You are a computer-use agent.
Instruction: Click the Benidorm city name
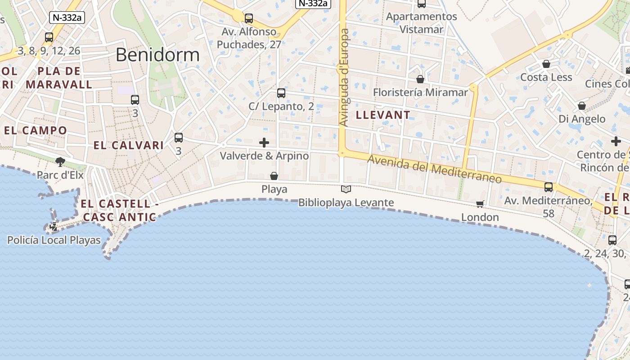tap(157, 55)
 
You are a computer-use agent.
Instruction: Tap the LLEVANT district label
tap(383, 115)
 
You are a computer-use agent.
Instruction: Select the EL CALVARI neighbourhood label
tap(129, 145)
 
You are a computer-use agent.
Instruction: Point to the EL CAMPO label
tap(36, 131)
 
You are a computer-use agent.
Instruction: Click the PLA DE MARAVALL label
tap(59, 78)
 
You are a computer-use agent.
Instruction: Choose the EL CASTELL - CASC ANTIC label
tap(119, 211)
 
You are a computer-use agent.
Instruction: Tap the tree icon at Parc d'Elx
tap(60, 162)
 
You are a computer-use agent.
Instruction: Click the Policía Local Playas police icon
tap(54, 227)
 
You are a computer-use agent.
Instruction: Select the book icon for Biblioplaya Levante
tap(346, 189)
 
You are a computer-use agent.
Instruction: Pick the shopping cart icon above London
tap(480, 204)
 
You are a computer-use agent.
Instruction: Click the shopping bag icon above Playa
tap(274, 175)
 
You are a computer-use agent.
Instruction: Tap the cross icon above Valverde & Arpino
tap(264, 143)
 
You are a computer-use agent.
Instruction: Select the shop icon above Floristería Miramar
tap(420, 79)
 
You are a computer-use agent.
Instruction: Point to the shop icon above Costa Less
tap(546, 64)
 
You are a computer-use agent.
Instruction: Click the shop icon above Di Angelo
tap(582, 106)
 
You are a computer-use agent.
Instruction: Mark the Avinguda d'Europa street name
tap(344, 77)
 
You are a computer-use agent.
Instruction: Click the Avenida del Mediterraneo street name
tap(434, 169)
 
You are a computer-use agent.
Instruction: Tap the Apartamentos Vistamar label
tap(422, 23)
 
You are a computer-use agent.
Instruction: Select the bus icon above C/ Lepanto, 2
tap(281, 93)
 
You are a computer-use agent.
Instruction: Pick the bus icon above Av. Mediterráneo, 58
tap(549, 187)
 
